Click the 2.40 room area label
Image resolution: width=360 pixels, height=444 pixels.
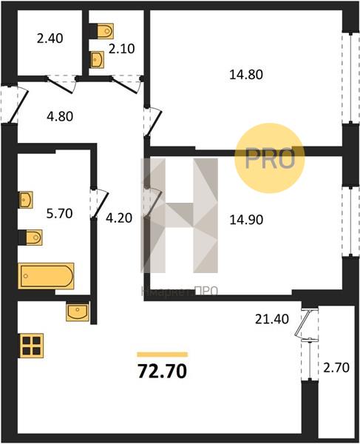click(x=50, y=38)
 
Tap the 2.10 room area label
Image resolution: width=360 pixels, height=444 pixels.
click(x=122, y=49)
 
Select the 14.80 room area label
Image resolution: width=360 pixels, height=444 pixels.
click(x=246, y=75)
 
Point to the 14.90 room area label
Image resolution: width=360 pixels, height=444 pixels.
click(x=246, y=220)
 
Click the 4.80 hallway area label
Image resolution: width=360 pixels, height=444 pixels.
click(x=60, y=116)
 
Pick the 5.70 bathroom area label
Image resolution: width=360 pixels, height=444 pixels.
click(x=59, y=213)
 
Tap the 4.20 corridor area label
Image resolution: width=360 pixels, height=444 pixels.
click(x=119, y=218)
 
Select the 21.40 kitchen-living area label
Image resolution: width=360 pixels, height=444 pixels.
click(x=272, y=319)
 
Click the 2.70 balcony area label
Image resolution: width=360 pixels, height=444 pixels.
click(x=336, y=368)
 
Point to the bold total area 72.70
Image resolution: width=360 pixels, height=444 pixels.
click(x=163, y=371)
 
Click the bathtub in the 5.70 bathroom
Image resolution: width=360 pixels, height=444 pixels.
click(x=46, y=276)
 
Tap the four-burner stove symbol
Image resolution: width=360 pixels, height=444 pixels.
click(x=31, y=345)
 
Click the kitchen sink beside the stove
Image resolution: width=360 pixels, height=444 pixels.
click(x=78, y=312)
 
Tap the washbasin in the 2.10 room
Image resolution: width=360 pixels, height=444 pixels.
click(x=98, y=60)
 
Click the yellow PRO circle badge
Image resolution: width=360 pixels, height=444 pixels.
click(x=270, y=158)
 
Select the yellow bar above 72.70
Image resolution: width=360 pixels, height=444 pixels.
click(x=163, y=354)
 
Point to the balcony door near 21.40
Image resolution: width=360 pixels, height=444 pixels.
click(x=304, y=324)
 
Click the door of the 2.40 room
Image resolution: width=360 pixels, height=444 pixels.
click(x=61, y=84)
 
